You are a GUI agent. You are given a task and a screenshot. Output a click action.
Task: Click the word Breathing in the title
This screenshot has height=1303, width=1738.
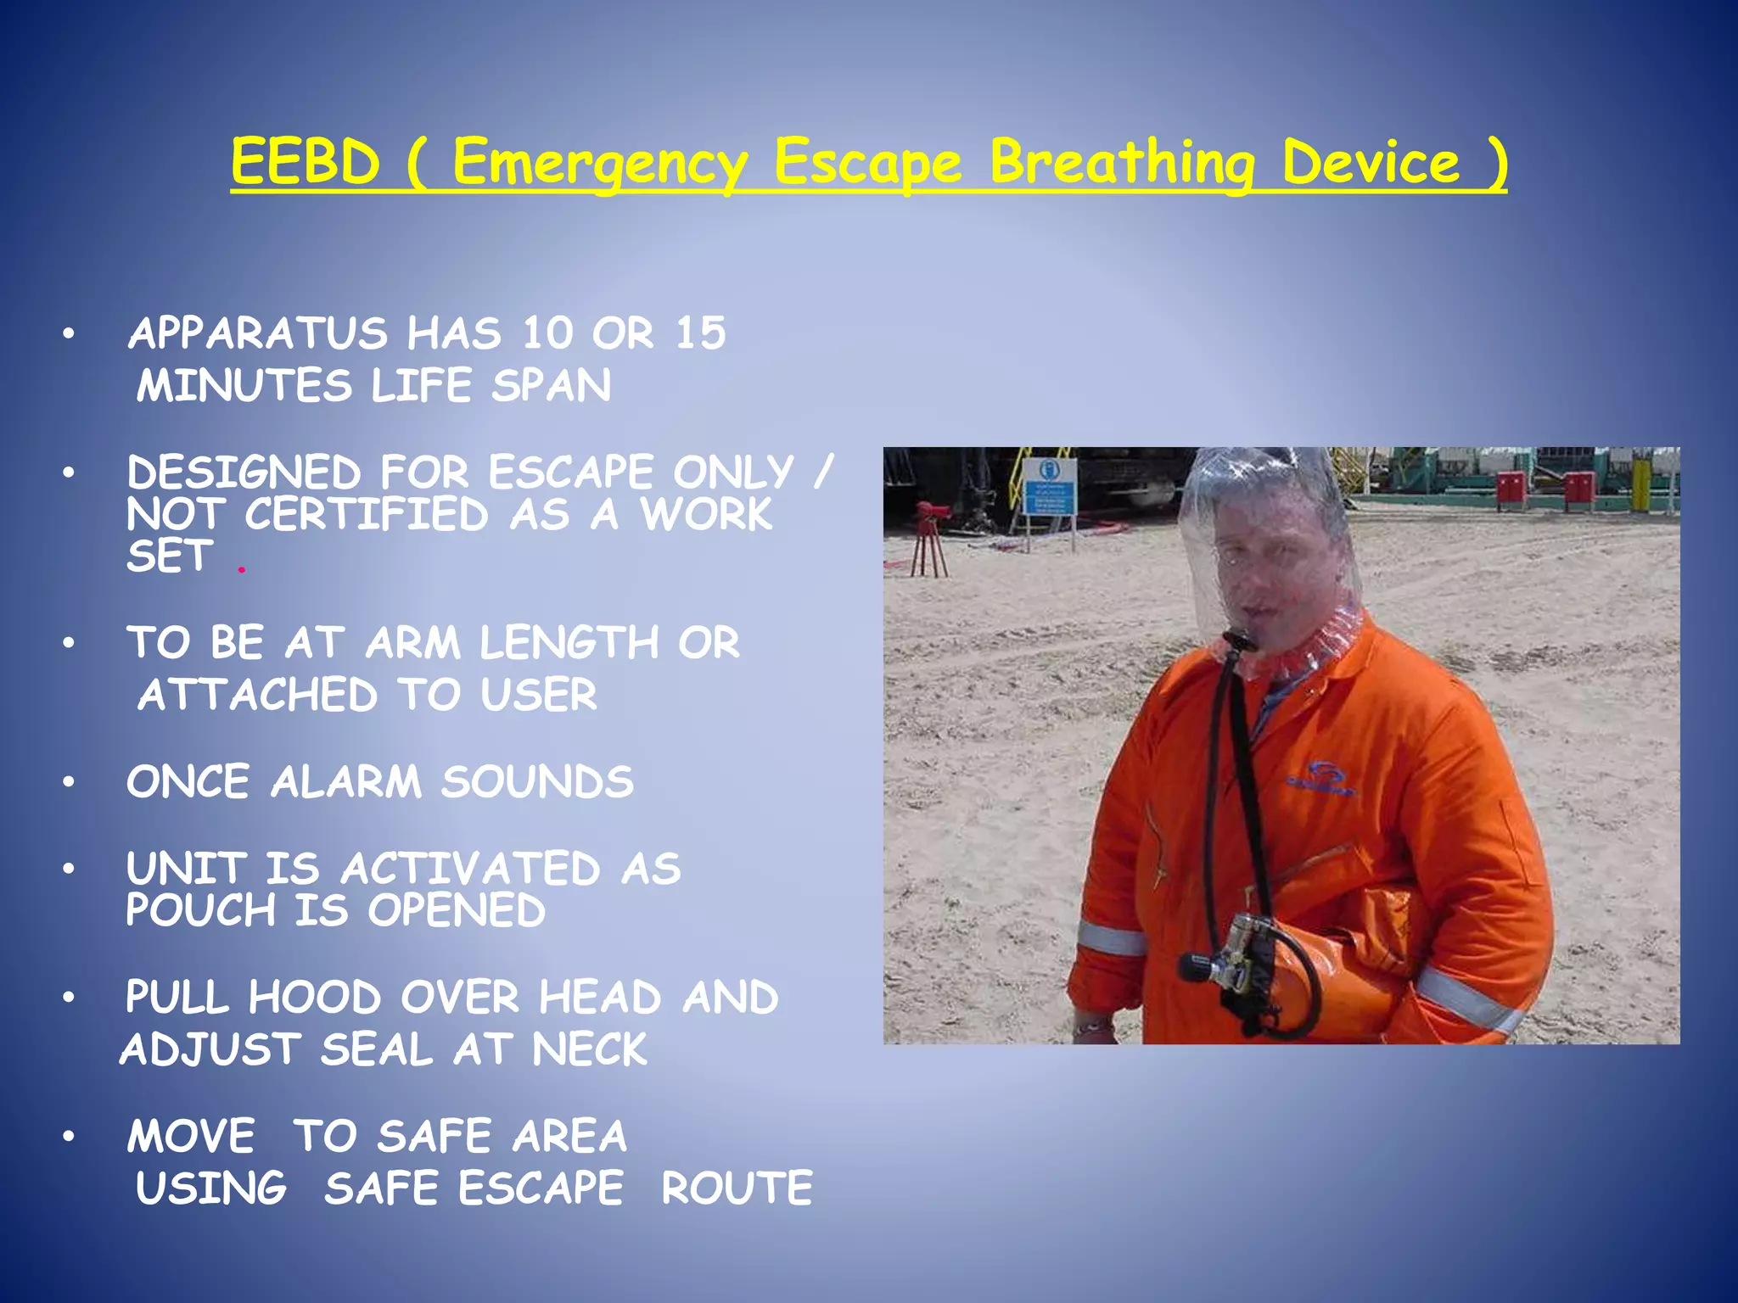[x=1122, y=163]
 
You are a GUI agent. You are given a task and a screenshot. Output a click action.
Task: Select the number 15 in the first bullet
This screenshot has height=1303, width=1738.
[x=701, y=333]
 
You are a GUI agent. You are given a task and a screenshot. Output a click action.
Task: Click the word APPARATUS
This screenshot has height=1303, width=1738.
[x=257, y=333]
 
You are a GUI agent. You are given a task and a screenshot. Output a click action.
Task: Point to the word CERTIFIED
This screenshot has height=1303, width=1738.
[x=367, y=515]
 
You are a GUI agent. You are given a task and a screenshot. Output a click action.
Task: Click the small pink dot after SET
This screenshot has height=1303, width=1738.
[x=242, y=570]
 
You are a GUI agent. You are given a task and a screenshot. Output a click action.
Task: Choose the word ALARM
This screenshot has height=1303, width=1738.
[x=345, y=781]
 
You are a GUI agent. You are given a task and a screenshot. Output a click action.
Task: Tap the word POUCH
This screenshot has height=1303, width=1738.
[x=201, y=910]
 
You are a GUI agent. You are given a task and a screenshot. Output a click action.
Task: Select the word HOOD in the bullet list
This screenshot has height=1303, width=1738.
[x=314, y=997]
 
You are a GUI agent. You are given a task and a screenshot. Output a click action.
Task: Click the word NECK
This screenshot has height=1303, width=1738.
[x=589, y=1049]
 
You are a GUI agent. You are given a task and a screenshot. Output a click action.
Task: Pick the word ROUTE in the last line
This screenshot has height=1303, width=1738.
[x=737, y=1188]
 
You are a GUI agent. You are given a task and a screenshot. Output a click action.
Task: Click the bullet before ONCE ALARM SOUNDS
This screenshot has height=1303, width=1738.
[x=69, y=782]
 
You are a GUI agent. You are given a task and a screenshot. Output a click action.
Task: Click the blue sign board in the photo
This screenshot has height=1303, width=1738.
[x=1049, y=487]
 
